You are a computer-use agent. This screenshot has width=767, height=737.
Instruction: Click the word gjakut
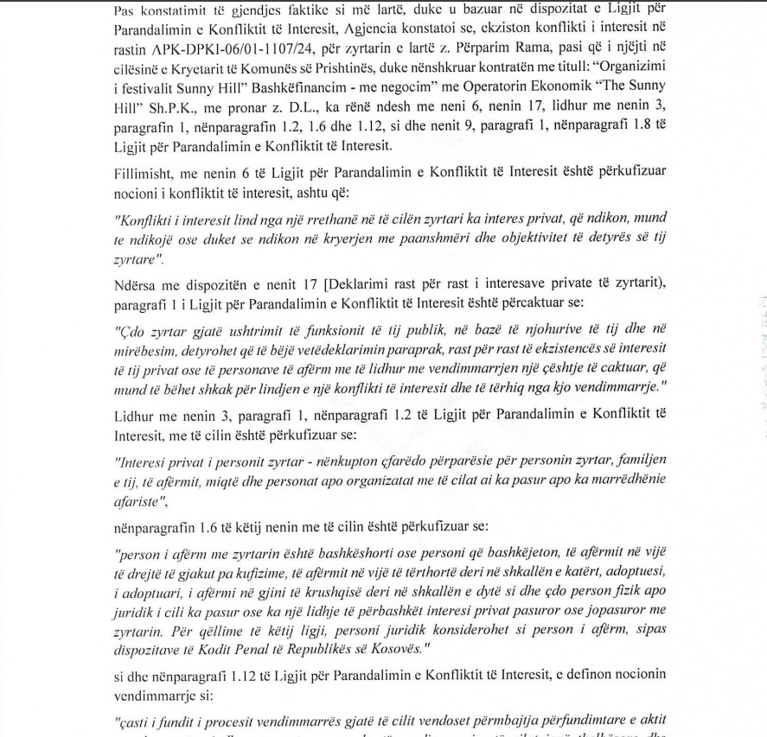(x=214, y=572)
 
